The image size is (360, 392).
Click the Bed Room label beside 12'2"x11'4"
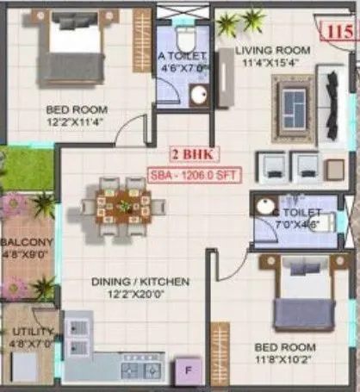click(77, 109)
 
